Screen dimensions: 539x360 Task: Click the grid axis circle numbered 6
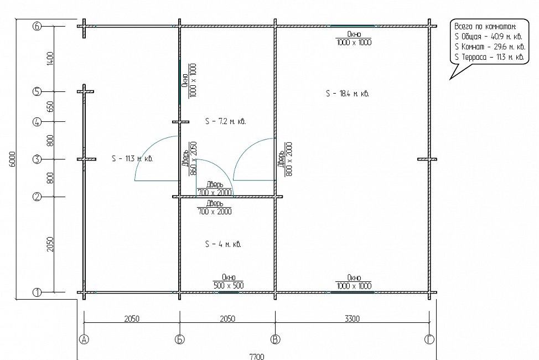[37, 26]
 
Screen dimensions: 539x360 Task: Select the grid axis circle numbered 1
[37, 292]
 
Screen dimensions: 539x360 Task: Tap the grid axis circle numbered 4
[37, 122]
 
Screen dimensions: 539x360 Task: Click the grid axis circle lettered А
[84, 340]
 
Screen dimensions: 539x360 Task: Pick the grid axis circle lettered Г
[429, 340]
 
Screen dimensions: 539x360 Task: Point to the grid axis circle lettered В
[276, 340]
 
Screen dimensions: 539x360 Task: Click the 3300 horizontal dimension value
[353, 318]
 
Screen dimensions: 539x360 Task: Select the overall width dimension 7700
[257, 357]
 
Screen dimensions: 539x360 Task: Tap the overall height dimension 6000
[13, 159]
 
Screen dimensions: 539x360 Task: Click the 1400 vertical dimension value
[50, 59]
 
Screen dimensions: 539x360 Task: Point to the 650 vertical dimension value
[50, 107]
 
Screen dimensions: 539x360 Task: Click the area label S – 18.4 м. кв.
[348, 93]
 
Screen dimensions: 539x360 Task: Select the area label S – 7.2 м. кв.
[225, 121]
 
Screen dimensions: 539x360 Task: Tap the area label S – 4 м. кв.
[223, 244]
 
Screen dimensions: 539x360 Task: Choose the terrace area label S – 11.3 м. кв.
[132, 158]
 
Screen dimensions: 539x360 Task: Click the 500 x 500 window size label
[229, 285]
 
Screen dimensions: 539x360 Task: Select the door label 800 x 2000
[289, 159]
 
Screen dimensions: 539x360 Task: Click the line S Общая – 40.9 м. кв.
[489, 37]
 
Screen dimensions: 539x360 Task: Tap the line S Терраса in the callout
[489, 57]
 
